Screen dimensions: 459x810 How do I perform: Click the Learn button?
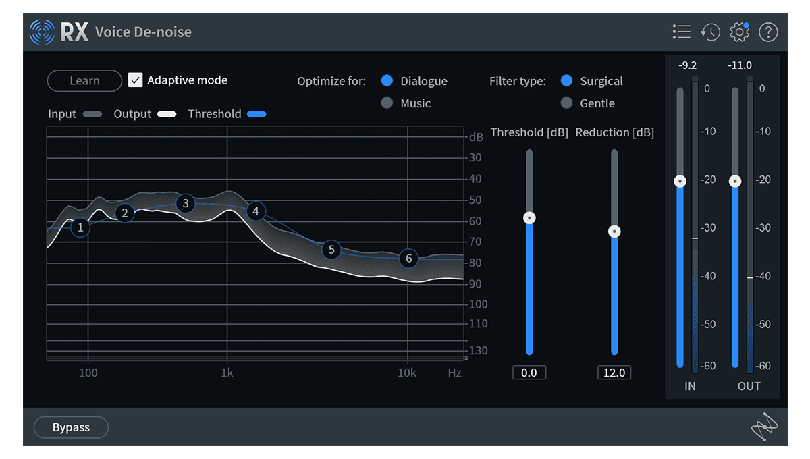(x=84, y=81)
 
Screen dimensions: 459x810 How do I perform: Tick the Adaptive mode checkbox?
(x=136, y=80)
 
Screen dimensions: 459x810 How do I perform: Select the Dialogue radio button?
(x=387, y=81)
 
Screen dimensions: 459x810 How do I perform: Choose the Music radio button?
(x=387, y=103)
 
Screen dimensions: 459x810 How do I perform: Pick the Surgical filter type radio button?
(x=566, y=81)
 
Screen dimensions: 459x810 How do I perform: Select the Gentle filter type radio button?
(x=566, y=103)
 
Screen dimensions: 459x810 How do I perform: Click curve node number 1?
(x=80, y=227)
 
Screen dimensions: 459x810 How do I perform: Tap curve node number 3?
(x=186, y=203)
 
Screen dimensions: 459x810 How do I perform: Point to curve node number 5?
(x=331, y=250)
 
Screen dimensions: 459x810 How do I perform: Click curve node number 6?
(x=408, y=259)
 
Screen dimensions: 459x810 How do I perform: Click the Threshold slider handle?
(x=530, y=217)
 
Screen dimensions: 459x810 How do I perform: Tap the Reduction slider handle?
(x=614, y=232)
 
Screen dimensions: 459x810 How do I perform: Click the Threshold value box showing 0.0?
(x=529, y=373)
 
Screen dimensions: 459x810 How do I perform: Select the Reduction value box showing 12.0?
(x=614, y=373)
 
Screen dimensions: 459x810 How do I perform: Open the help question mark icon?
(x=769, y=32)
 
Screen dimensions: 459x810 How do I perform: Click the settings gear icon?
(x=740, y=32)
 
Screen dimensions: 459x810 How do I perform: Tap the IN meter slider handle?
(x=680, y=181)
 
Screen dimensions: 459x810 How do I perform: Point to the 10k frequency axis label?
(x=406, y=373)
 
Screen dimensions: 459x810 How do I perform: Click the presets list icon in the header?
(x=682, y=32)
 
